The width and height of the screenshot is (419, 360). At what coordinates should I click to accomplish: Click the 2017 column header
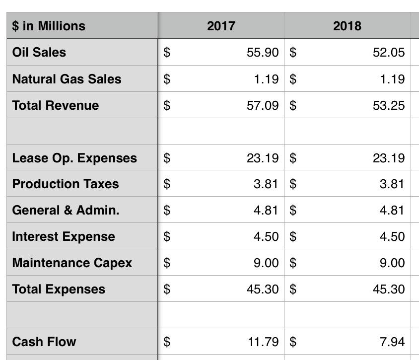(x=221, y=26)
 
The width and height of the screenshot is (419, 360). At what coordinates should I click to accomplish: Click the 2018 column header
(x=347, y=26)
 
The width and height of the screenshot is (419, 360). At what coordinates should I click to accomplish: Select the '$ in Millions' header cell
(x=49, y=26)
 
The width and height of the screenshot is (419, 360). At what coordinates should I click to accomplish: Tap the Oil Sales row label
(x=39, y=52)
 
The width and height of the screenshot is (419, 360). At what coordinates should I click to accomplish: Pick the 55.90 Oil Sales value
(x=263, y=52)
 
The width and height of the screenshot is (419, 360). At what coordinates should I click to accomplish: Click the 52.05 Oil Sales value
(x=389, y=52)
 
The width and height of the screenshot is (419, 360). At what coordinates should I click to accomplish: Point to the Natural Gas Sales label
(x=67, y=79)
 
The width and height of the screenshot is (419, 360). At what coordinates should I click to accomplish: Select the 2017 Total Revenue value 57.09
(x=263, y=105)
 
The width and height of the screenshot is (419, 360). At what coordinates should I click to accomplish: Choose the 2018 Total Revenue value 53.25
(x=389, y=105)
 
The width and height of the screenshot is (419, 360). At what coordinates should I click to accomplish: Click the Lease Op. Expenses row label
(x=74, y=158)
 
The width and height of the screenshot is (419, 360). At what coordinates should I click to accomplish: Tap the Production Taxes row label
(x=66, y=184)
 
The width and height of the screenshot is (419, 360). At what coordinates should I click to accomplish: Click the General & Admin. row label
(x=66, y=210)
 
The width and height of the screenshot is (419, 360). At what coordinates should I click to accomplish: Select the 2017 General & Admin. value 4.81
(x=266, y=210)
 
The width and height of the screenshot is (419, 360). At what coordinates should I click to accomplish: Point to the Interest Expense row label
(x=64, y=236)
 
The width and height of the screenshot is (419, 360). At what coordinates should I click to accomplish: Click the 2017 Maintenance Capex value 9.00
(x=266, y=263)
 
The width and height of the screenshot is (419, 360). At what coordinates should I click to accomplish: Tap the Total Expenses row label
(x=59, y=289)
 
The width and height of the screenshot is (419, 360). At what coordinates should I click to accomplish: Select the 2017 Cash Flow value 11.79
(x=263, y=342)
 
